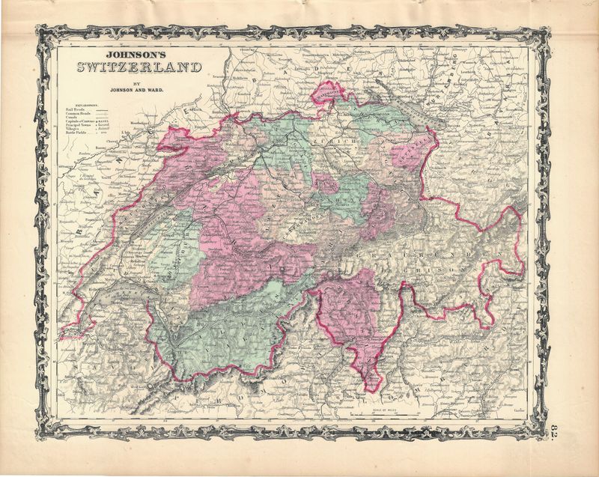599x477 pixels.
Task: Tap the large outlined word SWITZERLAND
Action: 139,68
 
